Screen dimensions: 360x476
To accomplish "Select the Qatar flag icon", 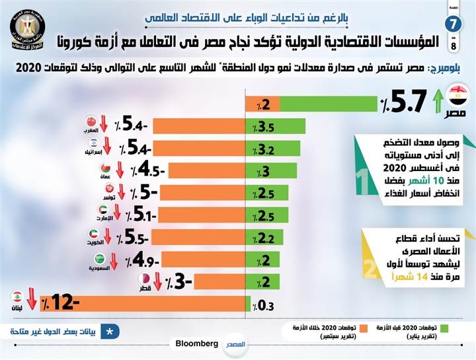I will pyautogui.click(x=143, y=279).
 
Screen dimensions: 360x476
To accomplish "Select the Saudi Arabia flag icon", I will pyautogui.click(x=100, y=258).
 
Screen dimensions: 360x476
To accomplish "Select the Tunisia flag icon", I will pyautogui.click(x=107, y=190).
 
